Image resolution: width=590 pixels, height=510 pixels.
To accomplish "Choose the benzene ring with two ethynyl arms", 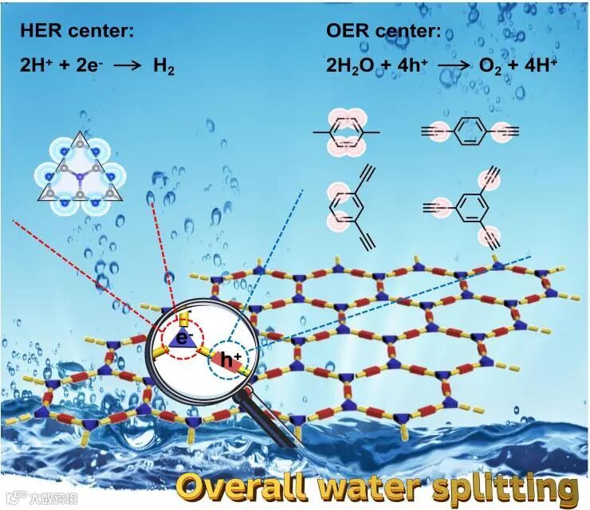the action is click(x=349, y=210).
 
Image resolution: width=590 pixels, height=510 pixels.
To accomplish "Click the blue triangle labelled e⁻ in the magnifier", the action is click(x=182, y=339).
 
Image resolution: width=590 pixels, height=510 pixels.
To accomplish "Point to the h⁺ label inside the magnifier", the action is click(x=231, y=361).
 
